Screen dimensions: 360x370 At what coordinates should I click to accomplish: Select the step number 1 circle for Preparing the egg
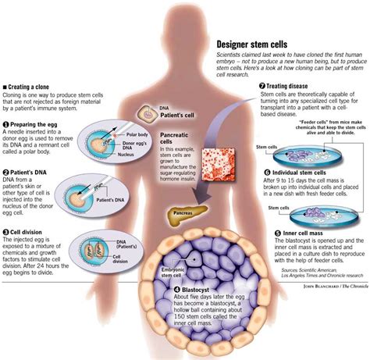coord(6,123)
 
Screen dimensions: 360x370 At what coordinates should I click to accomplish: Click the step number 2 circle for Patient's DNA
coord(6,171)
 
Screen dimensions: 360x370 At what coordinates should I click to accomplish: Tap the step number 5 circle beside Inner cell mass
coord(278,254)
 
